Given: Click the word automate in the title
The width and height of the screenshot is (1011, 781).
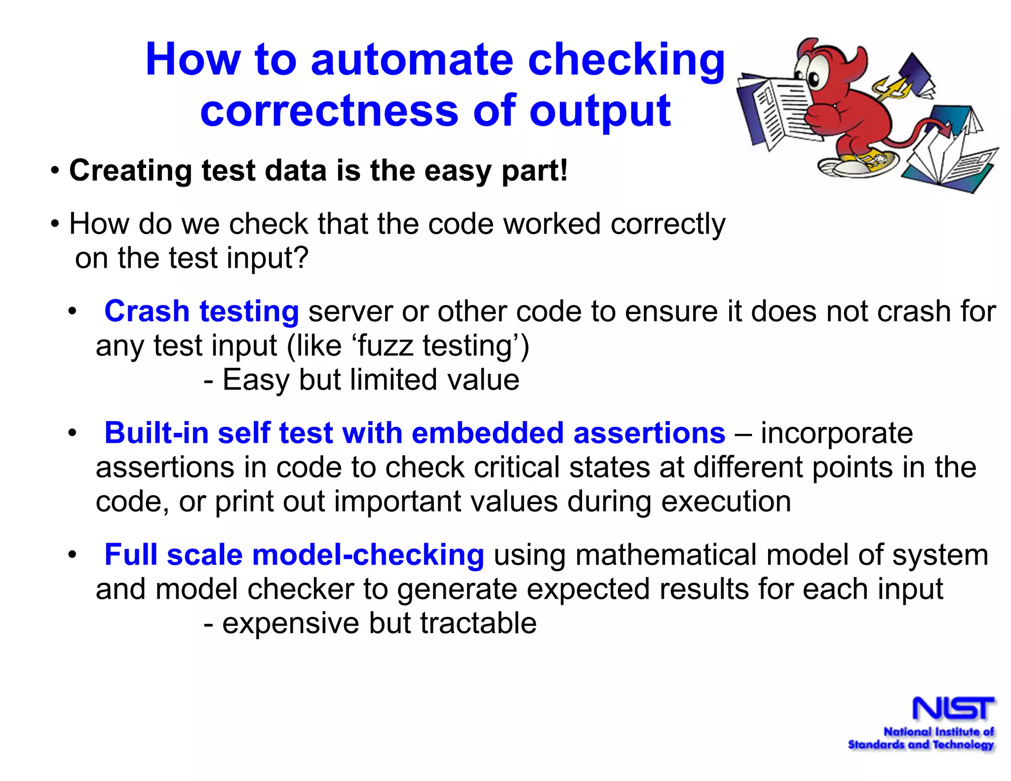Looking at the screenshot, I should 412,60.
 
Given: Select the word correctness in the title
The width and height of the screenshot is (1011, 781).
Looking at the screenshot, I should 329,111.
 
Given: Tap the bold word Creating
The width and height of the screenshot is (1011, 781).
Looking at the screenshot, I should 130,171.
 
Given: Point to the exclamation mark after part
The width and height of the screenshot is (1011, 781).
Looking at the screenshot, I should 564,171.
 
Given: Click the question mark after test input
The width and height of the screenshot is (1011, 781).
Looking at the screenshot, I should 301,258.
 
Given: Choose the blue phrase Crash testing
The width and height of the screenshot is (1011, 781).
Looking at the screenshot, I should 201,312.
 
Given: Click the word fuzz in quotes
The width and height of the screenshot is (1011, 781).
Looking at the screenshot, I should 385,346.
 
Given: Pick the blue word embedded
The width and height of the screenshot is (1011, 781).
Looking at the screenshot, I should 488,433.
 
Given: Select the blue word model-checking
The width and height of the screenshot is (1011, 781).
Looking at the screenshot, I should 368,555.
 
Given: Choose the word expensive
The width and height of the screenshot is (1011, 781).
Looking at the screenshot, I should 291,623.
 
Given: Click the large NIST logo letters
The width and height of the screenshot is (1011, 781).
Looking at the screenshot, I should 953,709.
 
